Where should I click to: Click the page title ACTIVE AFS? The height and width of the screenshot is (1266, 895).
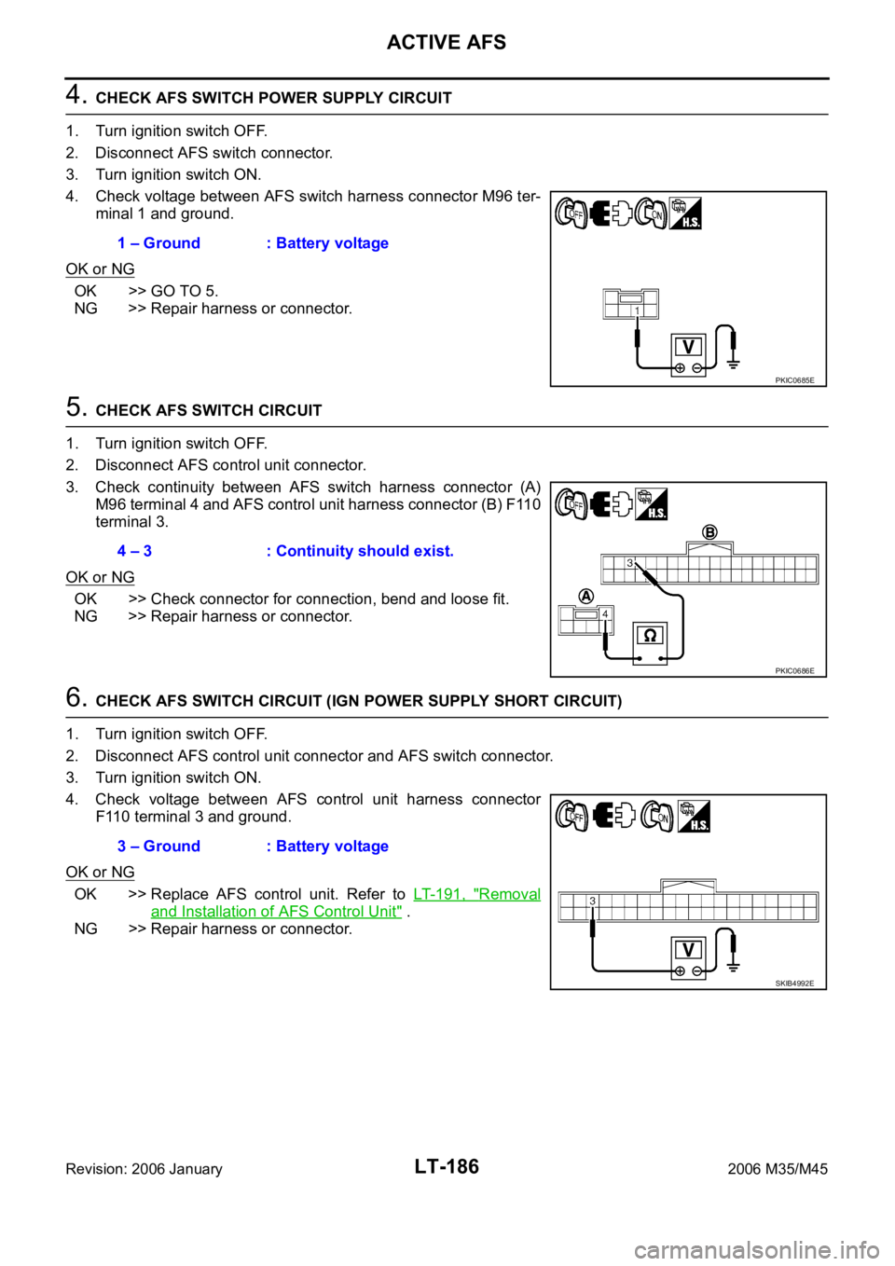[447, 42]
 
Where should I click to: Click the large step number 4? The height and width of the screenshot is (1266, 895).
[76, 95]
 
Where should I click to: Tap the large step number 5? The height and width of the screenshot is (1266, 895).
[76, 406]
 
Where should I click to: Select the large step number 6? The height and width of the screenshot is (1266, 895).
[76, 697]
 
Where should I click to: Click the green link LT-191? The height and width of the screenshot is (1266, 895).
[441, 894]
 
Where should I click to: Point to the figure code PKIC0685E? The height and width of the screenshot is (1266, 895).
[794, 380]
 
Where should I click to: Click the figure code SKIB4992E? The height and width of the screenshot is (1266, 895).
[794, 984]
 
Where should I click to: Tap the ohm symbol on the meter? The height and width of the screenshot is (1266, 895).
[650, 636]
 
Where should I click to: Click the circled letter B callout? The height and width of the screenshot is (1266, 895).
[709, 532]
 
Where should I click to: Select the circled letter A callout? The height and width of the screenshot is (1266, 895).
[586, 597]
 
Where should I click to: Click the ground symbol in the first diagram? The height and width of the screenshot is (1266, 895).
[734, 365]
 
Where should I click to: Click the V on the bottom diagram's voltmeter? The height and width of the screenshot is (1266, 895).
[688, 950]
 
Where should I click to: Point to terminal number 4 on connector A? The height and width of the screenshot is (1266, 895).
[605, 613]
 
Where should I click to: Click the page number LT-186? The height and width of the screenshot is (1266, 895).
[447, 1166]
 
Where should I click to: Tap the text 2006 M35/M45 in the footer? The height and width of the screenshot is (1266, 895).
[778, 1169]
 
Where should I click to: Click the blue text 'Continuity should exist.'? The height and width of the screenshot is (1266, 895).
[365, 551]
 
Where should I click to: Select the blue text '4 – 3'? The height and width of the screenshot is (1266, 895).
[134, 551]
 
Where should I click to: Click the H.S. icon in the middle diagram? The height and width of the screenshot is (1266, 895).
[652, 503]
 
